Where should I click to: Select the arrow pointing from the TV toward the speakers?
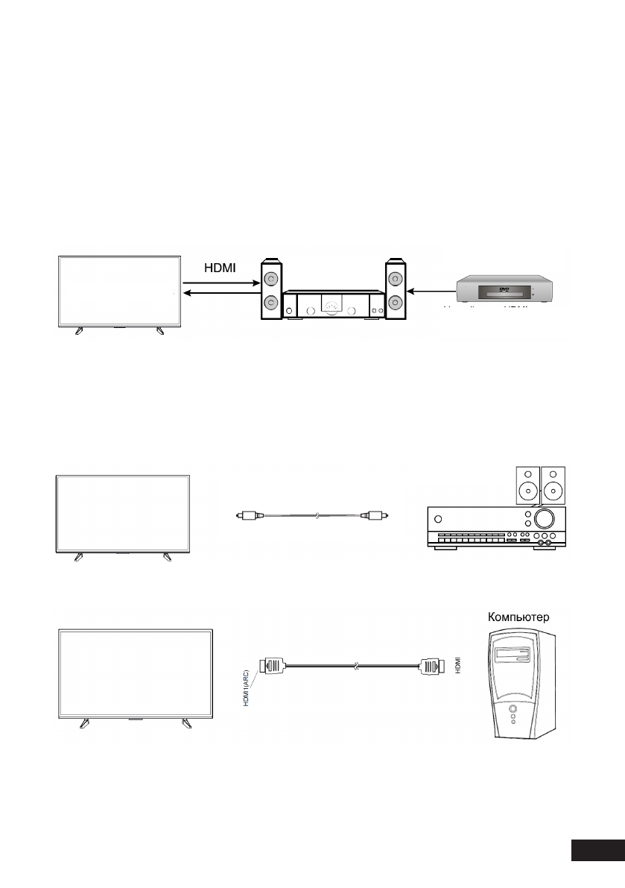[x=220, y=283]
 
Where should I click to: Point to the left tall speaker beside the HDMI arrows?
[x=270, y=292]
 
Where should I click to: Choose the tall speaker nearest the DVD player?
[x=395, y=292]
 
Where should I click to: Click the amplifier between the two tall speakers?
[x=332, y=304]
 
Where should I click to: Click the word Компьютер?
[x=519, y=617]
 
